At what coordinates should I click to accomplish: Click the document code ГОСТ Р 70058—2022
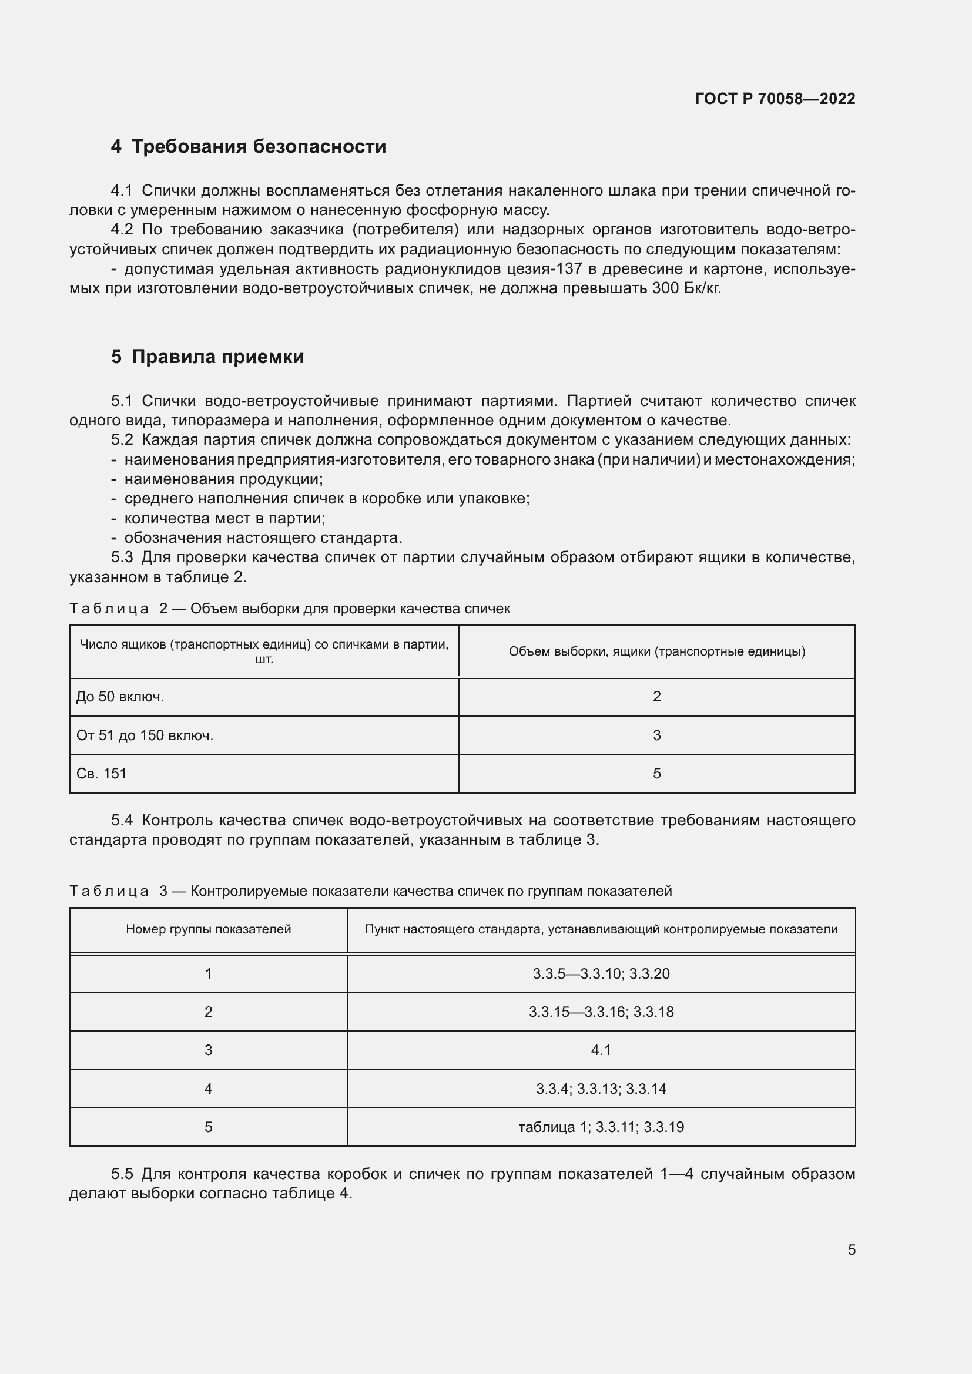[775, 99]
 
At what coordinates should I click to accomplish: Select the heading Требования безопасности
[258, 147]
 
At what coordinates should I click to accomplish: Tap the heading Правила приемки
[217, 357]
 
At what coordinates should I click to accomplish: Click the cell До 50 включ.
[120, 697]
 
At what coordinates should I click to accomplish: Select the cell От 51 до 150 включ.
[145, 735]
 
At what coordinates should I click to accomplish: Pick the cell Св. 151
[102, 773]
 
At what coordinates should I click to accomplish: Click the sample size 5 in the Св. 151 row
[656, 773]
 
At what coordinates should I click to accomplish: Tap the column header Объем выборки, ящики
[656, 651]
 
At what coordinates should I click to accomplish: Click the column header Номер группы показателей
[208, 929]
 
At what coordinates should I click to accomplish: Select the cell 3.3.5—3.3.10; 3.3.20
[601, 973]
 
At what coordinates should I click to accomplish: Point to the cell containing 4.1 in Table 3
[601, 1050]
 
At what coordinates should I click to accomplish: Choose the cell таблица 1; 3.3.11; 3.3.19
[601, 1127]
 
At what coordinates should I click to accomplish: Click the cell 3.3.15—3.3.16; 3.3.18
[601, 1012]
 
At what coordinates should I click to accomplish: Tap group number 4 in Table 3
[208, 1089]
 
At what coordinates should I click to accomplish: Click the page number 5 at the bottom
[851, 1249]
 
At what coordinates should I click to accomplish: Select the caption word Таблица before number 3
[109, 891]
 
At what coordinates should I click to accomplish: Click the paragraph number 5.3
[122, 557]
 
